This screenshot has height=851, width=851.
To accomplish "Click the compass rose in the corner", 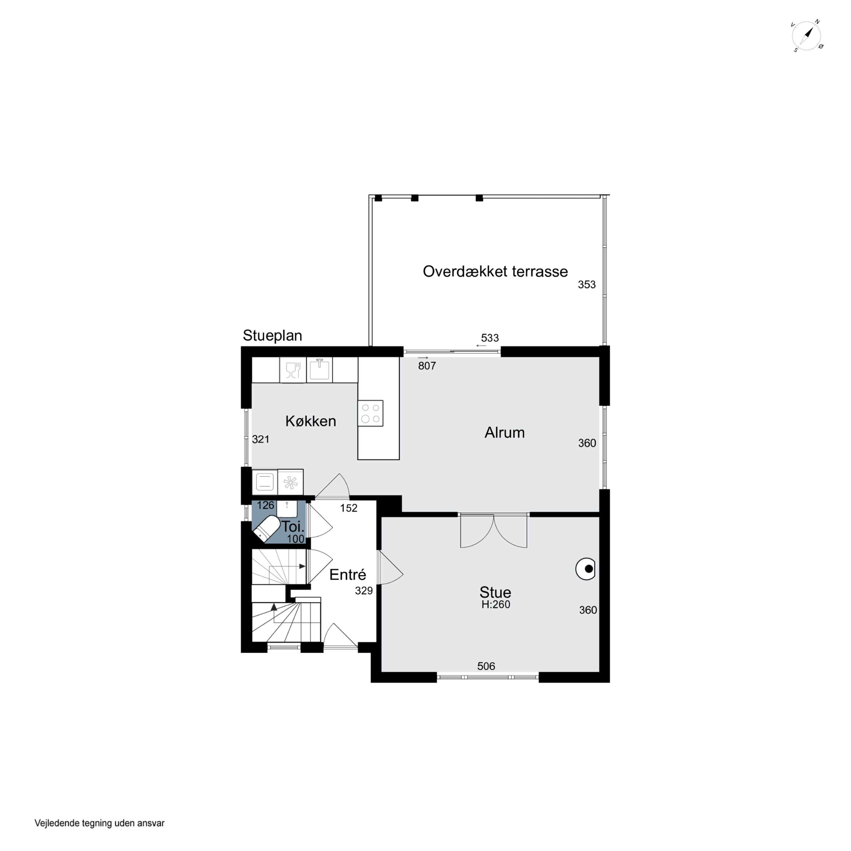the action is [807, 36].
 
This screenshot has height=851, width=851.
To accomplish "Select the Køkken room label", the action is [311, 421].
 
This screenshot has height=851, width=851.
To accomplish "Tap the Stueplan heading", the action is [272, 336].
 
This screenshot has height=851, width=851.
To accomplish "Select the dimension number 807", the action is [427, 366].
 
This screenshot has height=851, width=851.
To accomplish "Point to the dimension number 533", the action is [490, 338].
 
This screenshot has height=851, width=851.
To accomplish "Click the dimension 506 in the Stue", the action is [486, 666].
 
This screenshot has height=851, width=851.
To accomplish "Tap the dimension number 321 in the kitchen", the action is [260, 439].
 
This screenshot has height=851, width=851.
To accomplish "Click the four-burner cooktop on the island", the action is [370, 413].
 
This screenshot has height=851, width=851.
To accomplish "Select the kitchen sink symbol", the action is [319, 370].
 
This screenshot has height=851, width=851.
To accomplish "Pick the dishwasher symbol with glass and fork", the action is [293, 370].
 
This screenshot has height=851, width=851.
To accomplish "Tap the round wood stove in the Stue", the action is [585, 569].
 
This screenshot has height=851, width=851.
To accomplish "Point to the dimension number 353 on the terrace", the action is [587, 285].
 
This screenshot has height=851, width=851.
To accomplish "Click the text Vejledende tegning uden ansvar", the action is [100, 823].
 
